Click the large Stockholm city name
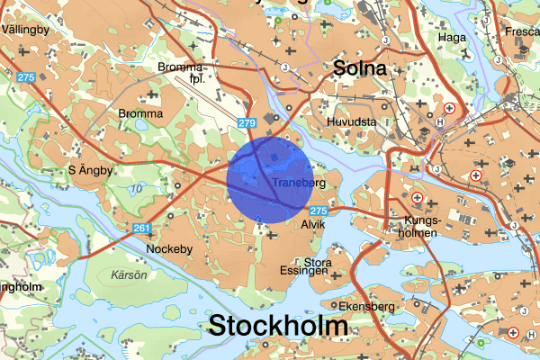[278, 325]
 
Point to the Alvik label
[312, 224]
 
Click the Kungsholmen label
[421, 226]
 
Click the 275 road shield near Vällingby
[25, 77]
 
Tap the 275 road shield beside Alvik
[316, 210]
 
